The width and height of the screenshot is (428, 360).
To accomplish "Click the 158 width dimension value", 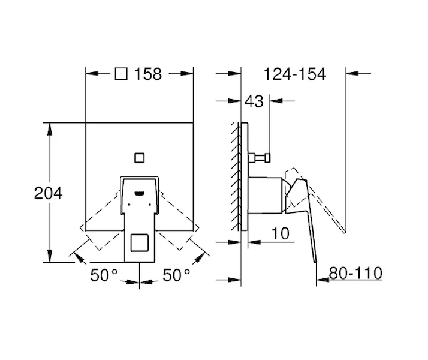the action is point(148,74).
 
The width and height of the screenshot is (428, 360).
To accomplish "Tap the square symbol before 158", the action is point(121,74).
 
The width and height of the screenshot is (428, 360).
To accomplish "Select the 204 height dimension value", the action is point(49,193).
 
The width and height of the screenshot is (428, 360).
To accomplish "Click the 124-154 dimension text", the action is point(295,74).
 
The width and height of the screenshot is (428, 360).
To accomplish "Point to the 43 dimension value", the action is point(254,101).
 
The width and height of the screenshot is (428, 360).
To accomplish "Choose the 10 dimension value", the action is point(281,233).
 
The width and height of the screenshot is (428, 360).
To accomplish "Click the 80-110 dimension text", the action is point(355,273).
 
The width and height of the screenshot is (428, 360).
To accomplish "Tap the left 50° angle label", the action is point(104,275).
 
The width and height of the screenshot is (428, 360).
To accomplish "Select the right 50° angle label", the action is point(176,275).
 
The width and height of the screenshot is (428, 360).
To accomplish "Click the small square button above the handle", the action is point(140,158).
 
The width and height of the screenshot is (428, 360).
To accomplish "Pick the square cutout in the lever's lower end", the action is point(140,242).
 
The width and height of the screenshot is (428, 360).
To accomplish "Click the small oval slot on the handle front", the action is point(140,194).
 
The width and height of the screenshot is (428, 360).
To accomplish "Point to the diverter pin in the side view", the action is point(260,158).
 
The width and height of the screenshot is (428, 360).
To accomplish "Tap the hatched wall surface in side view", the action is point(236,176).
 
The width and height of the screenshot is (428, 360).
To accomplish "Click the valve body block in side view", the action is point(265,195).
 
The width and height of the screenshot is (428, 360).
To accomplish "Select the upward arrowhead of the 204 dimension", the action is point(49,129).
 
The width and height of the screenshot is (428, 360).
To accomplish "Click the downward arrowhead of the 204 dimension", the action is point(49,256).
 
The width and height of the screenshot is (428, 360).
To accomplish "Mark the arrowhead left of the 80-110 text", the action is point(322,280).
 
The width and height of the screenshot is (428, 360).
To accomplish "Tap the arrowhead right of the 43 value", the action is point(276,101).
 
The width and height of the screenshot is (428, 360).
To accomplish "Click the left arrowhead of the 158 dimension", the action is point(92,73).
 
